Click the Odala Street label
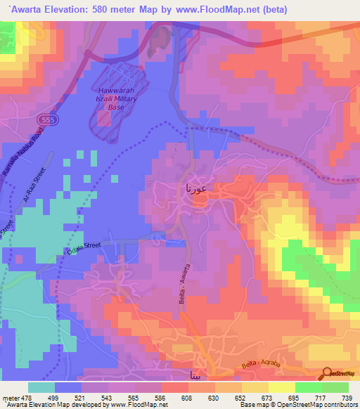coord(84,246)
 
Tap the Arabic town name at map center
coord(195,189)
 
